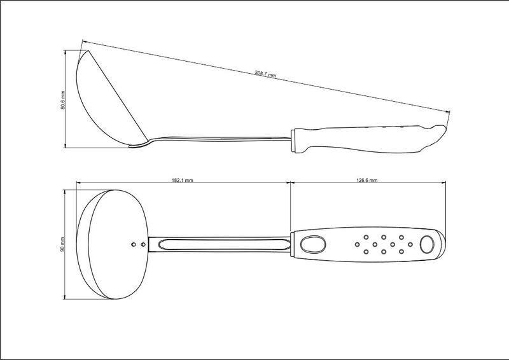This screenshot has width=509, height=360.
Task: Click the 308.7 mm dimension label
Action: point(265,74)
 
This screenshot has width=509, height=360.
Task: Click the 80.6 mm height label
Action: point(63,100)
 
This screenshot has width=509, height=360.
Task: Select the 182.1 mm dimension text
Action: point(182,180)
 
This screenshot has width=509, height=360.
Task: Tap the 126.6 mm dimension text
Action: point(367,180)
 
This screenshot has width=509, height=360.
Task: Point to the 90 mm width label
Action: point(63,244)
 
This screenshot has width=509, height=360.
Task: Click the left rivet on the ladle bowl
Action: point(134,244)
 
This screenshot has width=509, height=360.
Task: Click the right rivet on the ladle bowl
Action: point(143,244)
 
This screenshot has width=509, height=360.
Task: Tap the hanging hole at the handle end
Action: point(426,244)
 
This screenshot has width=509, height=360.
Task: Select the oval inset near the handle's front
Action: point(313,244)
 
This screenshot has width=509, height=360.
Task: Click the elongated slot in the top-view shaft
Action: point(224,244)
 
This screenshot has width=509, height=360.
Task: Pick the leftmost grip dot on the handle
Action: point(358,244)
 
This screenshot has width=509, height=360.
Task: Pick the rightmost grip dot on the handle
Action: point(410,244)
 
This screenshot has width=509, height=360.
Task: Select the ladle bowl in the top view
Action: point(113,244)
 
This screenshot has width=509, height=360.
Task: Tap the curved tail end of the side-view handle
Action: point(438,134)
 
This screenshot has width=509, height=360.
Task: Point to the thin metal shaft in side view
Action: point(221,139)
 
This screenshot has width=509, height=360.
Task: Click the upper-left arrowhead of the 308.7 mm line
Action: point(84,41)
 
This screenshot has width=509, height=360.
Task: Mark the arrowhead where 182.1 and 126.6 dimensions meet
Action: point(290,183)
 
